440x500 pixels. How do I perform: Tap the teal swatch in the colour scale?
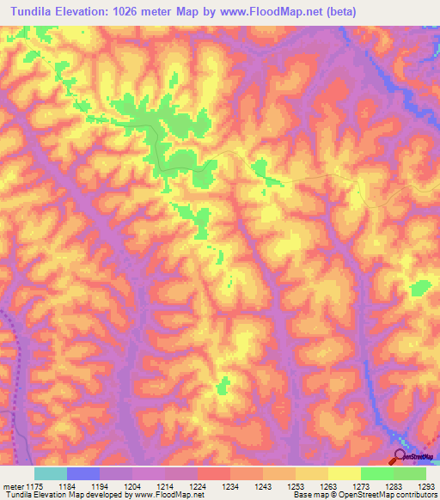(51, 473)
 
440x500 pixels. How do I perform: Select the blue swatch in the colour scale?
(83, 473)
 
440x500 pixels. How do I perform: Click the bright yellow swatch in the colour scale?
(344, 473)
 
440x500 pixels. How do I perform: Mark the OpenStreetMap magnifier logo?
(400, 455)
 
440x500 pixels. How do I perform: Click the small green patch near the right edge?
(419, 288)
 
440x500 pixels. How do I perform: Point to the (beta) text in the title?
(336, 12)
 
